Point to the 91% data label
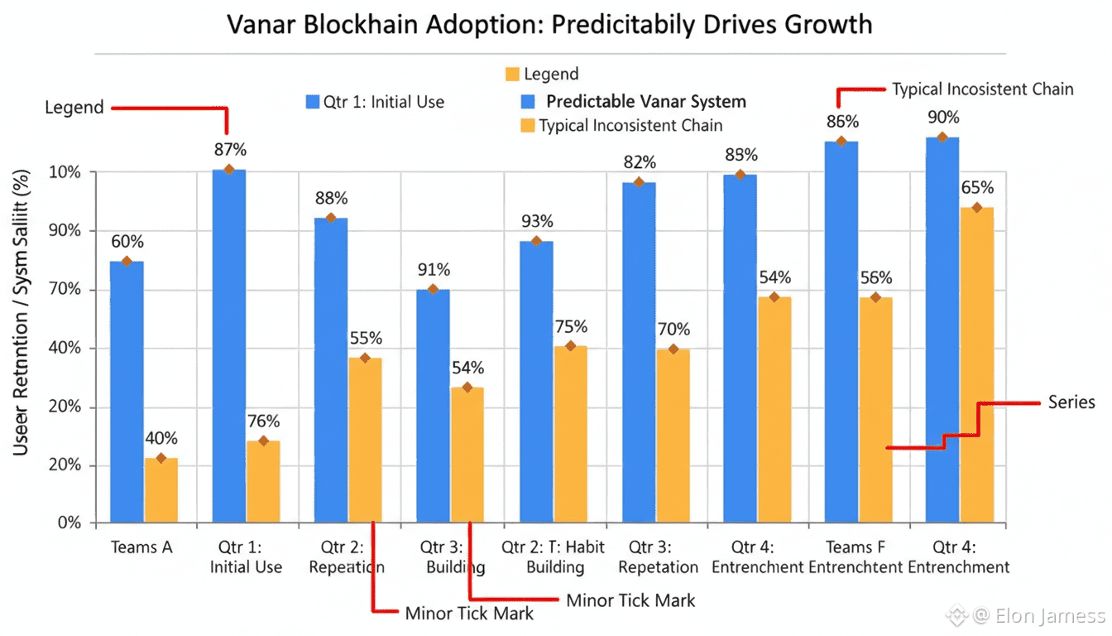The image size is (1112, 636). (434, 270)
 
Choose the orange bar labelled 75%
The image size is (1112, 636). (570, 434)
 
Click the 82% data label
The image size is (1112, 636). (640, 162)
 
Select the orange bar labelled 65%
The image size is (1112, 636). (976, 365)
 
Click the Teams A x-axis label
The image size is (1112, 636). (141, 547)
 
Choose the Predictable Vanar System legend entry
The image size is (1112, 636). (645, 102)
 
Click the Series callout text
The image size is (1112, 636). (1071, 402)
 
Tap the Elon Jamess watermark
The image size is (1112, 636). (1038, 615)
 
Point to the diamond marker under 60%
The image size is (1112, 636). (127, 262)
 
